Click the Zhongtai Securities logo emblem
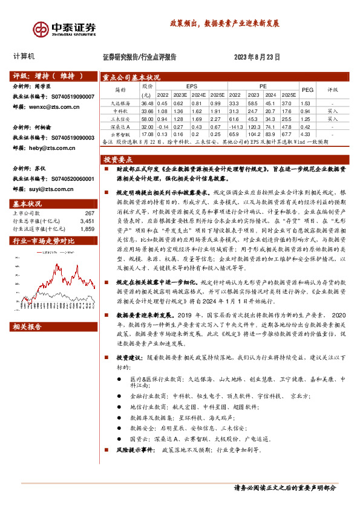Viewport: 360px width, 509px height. [x=41, y=28]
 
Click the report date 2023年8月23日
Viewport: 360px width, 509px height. [x=257, y=57]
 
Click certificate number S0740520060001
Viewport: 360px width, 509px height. [x=70, y=179]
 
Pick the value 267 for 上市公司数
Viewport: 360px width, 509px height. [x=90, y=213]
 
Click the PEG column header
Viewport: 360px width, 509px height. [x=307, y=89]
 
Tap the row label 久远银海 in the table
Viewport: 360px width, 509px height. [x=121, y=103]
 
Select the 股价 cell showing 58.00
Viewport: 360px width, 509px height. [x=146, y=120]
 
